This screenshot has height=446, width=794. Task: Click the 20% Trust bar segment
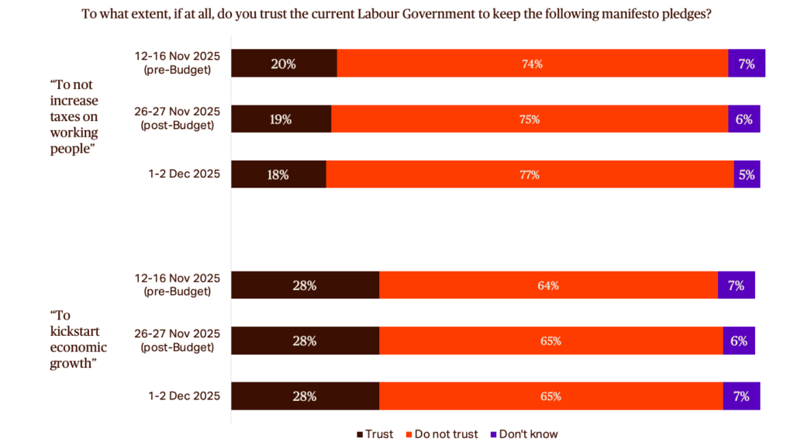[x=284, y=64]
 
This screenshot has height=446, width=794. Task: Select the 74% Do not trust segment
[x=532, y=64]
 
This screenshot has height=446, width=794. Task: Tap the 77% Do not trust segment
[x=530, y=175]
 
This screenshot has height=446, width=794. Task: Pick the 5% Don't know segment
[x=747, y=175]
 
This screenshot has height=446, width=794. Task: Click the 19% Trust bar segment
[x=281, y=119]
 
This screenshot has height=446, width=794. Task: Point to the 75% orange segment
[x=530, y=119]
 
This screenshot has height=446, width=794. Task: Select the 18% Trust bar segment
[x=278, y=175]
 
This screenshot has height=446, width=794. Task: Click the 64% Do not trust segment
[x=548, y=285]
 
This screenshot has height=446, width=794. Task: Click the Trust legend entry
[x=375, y=434]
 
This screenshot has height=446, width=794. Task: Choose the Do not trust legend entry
[x=441, y=434]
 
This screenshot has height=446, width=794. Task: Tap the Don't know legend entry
[x=523, y=434]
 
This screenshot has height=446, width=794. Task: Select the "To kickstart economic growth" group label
[x=78, y=340]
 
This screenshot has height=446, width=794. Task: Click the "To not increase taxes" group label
[x=75, y=116]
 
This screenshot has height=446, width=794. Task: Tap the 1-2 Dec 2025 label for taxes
[x=184, y=175]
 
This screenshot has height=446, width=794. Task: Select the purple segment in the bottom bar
[x=741, y=396]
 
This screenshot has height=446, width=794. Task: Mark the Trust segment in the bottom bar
[x=305, y=396]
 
